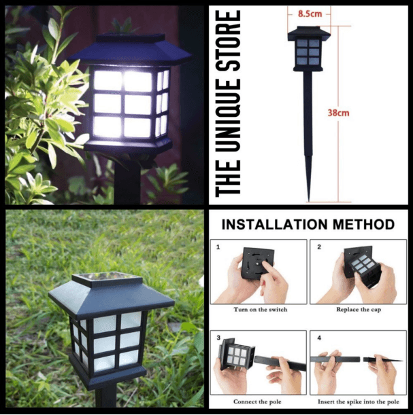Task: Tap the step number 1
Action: pos(218,247)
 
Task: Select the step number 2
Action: pos(318,247)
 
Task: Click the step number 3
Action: pos(218,338)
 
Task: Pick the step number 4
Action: pos(318,338)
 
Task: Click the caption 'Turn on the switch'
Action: pos(260,310)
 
